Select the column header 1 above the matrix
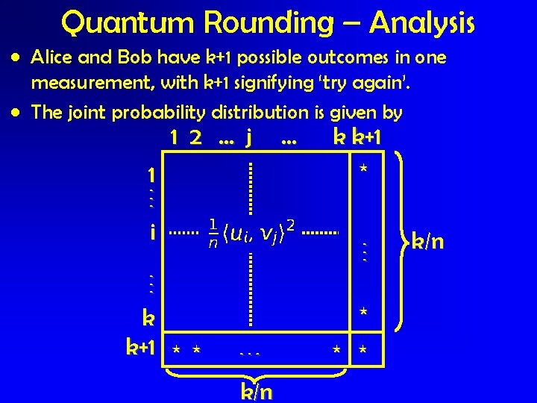click(173, 138)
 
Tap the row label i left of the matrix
click(152, 234)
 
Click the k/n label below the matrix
click(256, 392)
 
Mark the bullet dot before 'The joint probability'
click(16, 113)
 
